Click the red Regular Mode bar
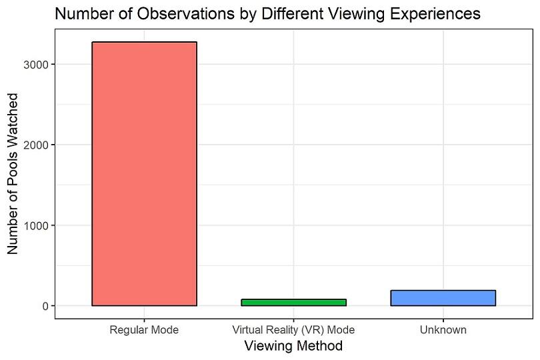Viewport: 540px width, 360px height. (144, 173)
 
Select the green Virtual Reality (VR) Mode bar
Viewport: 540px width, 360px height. (293, 302)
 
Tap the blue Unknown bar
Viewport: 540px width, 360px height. (443, 297)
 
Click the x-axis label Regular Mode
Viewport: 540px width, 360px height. (144, 330)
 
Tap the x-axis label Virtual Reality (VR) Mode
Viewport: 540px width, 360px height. (293, 330)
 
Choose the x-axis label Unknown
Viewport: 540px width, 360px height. (443, 330)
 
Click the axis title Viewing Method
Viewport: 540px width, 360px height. (293, 347)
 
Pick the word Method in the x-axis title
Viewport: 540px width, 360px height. (321, 347)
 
